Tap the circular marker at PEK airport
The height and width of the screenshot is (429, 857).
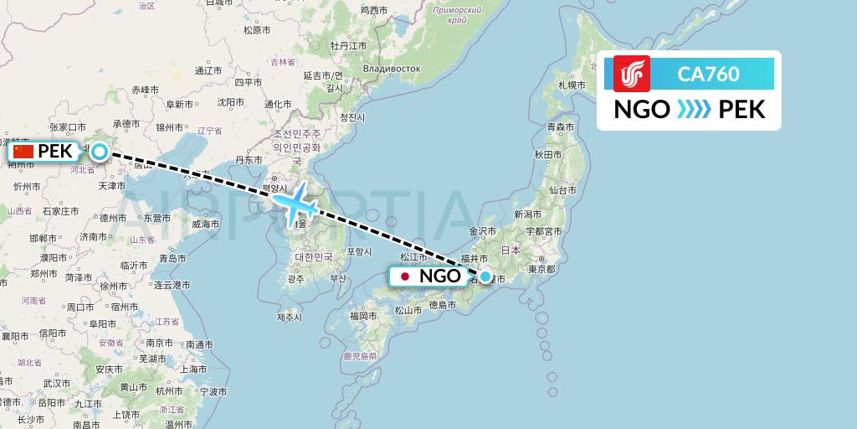[100, 152]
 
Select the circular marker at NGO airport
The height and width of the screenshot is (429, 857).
[485, 276]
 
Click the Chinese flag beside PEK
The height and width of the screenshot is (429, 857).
[24, 152]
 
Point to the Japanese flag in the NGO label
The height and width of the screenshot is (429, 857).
[405, 276]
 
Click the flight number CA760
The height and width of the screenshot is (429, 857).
[708, 74]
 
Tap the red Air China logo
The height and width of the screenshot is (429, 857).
[631, 74]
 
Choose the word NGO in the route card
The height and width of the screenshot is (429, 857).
[642, 109]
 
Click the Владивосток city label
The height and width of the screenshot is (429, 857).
[391, 66]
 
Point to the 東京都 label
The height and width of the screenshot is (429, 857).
[541, 269]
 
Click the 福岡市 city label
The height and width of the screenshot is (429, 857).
[364, 316]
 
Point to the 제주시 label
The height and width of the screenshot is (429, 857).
[289, 317]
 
